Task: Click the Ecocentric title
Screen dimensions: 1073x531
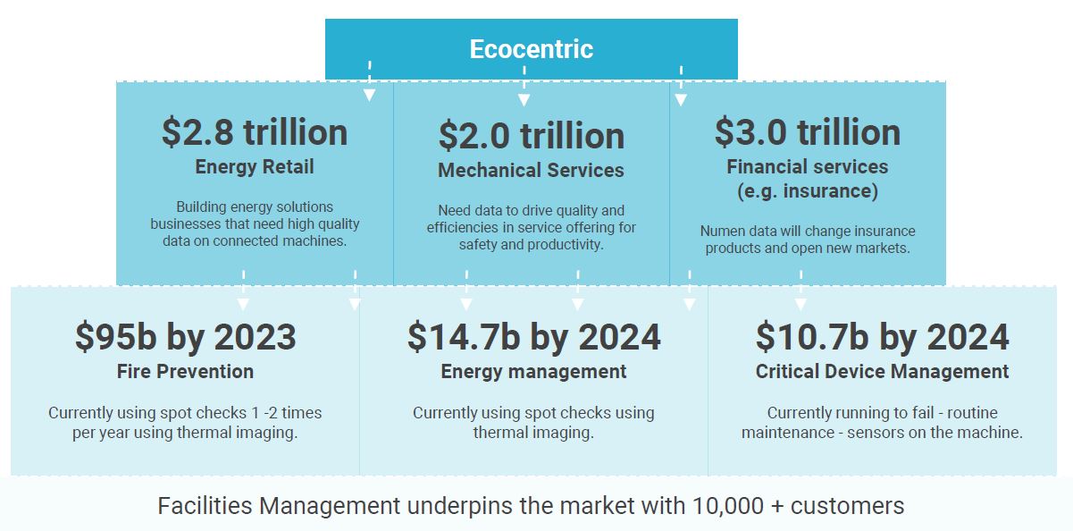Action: coord(532,49)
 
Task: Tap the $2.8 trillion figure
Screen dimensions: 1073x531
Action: coord(255,131)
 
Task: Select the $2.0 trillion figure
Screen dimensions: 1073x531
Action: coord(532,136)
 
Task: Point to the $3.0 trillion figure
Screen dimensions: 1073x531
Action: coord(808,131)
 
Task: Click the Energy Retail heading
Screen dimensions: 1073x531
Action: coord(255,167)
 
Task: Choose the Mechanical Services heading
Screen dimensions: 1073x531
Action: coord(531,170)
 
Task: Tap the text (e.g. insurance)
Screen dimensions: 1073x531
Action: coord(808,191)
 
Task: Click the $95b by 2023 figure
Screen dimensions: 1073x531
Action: coord(185,337)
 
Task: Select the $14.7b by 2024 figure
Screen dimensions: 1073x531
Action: coord(533,337)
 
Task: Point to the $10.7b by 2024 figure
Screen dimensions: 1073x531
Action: coord(883,337)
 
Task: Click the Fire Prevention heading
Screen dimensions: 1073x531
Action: coord(185,371)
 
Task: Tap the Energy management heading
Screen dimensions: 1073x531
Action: coord(533,371)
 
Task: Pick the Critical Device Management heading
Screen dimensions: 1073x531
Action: coord(883,371)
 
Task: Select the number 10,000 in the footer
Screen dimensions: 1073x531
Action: coord(728,506)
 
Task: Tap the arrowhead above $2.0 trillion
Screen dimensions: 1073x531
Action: coord(524,100)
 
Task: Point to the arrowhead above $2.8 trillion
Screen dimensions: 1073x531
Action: coord(369,95)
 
